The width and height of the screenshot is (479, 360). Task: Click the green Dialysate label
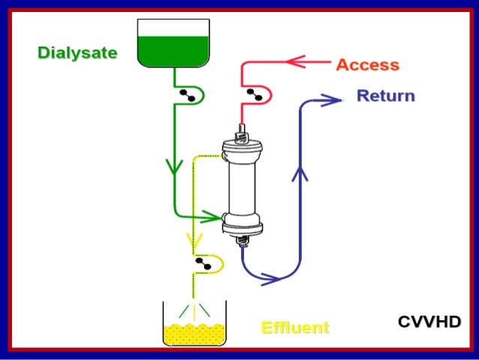click(x=77, y=53)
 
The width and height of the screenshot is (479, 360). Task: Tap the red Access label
click(x=367, y=65)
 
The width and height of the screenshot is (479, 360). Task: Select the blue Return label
click(x=385, y=96)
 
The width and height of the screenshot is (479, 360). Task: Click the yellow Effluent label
click(x=294, y=328)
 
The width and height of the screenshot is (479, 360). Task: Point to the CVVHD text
click(x=429, y=322)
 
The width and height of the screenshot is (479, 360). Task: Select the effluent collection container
click(x=194, y=324)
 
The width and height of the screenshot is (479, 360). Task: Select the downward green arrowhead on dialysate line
click(x=174, y=166)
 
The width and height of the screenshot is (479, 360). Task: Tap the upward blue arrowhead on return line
click(x=302, y=174)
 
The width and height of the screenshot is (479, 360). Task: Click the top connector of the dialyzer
click(x=242, y=135)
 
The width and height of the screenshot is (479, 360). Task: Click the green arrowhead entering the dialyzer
click(x=214, y=218)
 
